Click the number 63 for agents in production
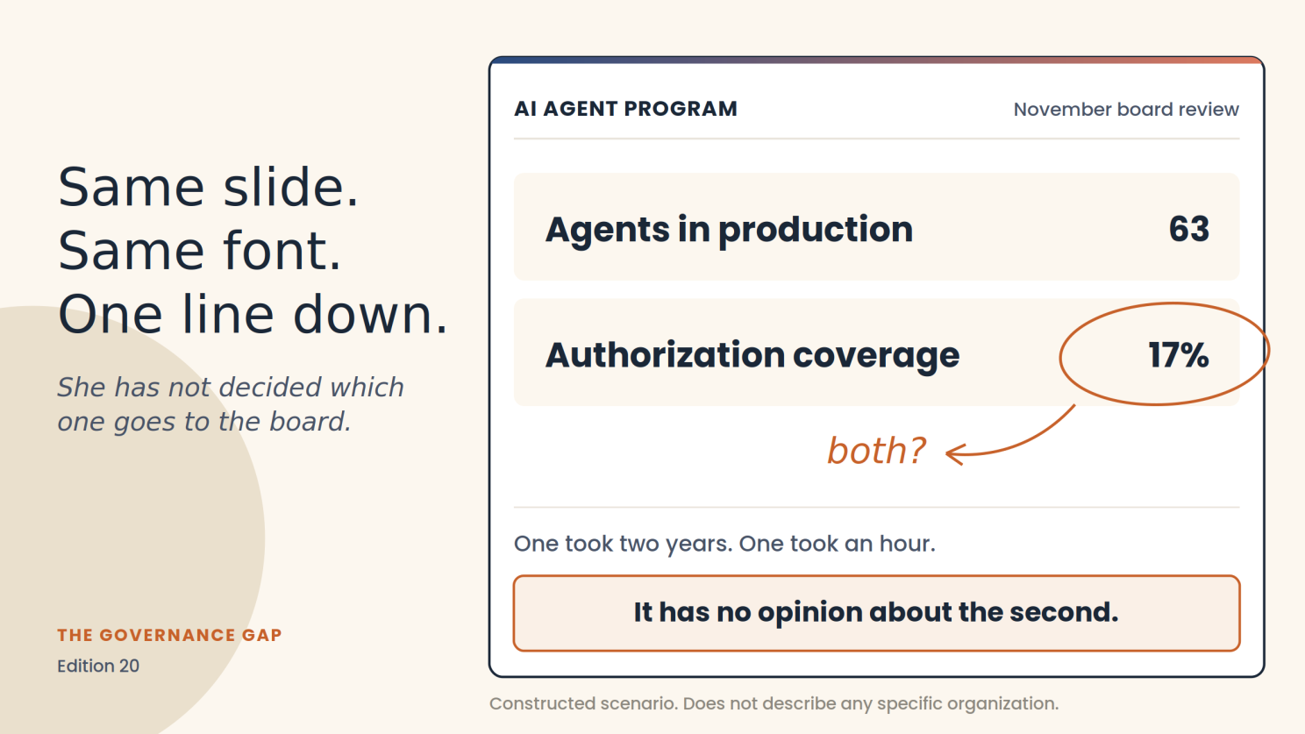[1189, 228]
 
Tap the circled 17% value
[1179, 355]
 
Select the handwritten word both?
[876, 451]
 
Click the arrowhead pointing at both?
[954, 453]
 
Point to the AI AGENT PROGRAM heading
[625, 109]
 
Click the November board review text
[1126, 110]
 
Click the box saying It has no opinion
[876, 613]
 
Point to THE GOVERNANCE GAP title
[169, 635]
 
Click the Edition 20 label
[98, 666]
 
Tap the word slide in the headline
[290, 187]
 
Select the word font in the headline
[282, 251]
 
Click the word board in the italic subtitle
[310, 421]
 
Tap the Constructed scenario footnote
[774, 703]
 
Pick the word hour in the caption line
[907, 544]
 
